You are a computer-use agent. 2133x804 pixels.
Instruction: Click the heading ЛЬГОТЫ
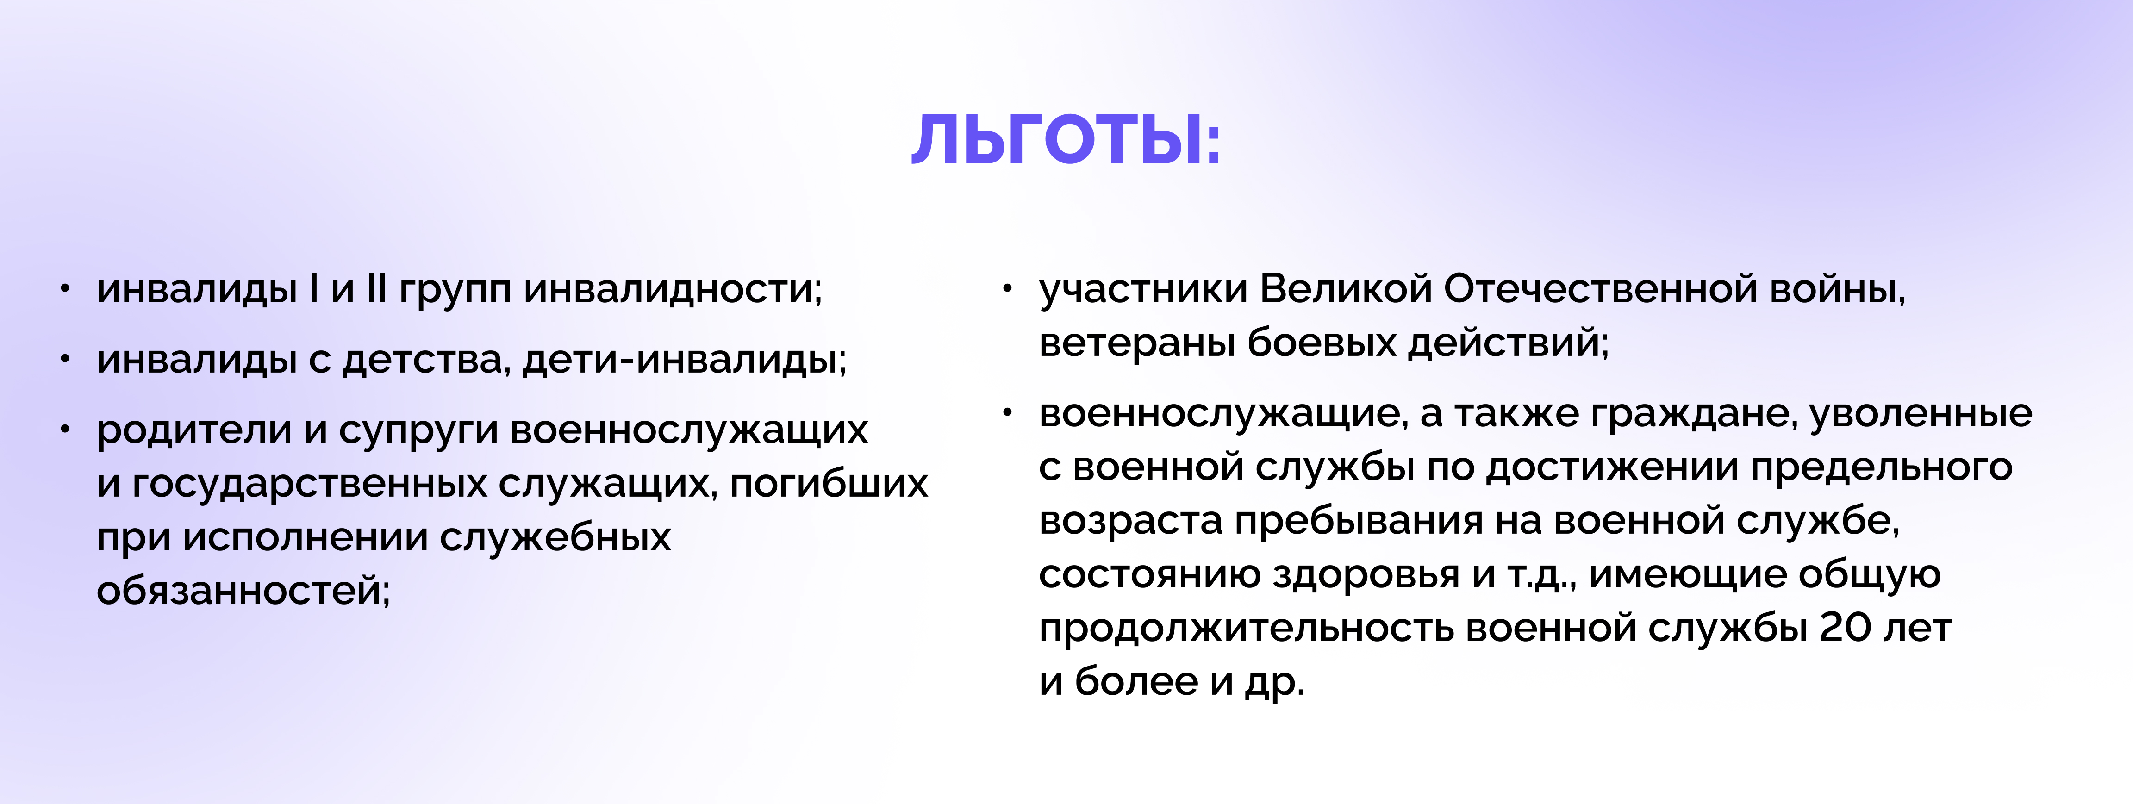(1066, 139)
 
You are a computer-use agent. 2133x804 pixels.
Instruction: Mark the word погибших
(829, 484)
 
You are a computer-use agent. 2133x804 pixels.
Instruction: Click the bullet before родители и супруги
(65, 429)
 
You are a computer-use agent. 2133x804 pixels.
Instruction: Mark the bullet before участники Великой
(1008, 288)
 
